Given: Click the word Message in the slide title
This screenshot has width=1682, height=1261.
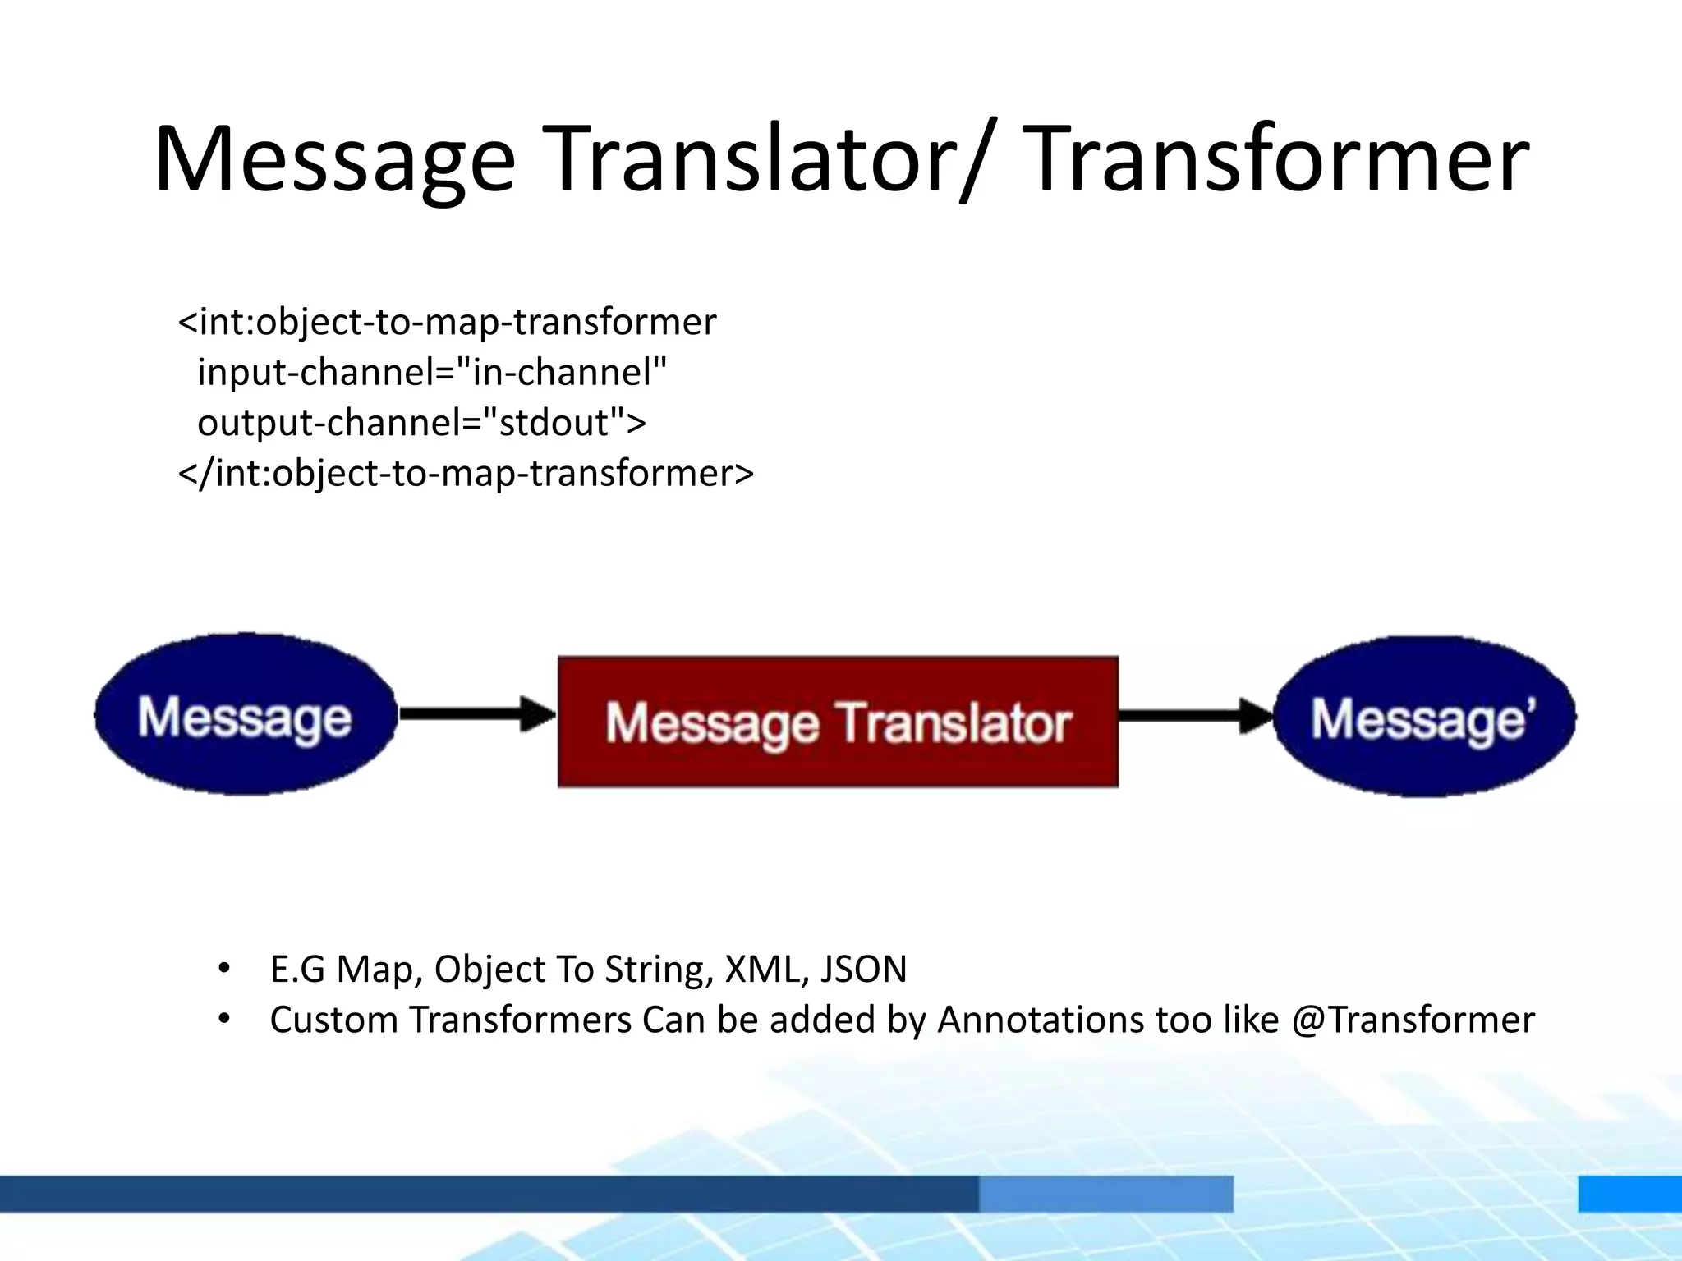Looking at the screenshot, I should click(334, 160).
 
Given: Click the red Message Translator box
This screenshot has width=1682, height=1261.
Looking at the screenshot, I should click(838, 722).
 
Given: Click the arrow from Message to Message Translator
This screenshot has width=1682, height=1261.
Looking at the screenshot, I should click(476, 713).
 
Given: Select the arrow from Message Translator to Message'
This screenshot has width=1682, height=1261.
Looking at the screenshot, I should click(1195, 716).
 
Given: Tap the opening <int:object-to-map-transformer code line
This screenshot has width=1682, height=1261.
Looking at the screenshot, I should click(448, 322).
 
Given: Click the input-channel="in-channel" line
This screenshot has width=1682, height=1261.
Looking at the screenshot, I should click(432, 372).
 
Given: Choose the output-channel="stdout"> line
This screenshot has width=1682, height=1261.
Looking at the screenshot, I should click(421, 423).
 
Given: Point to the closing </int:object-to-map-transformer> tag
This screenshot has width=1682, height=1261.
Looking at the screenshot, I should click(466, 474).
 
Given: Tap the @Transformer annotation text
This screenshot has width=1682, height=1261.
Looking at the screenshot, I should click(1413, 1020).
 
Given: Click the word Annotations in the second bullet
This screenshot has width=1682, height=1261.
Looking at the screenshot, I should click(1040, 1020).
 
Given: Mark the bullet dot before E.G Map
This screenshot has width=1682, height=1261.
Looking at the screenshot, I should click(224, 968).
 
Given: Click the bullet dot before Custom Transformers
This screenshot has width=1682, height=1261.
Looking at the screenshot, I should click(224, 1019).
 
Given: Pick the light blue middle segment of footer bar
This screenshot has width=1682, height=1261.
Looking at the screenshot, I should click(1105, 1193).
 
